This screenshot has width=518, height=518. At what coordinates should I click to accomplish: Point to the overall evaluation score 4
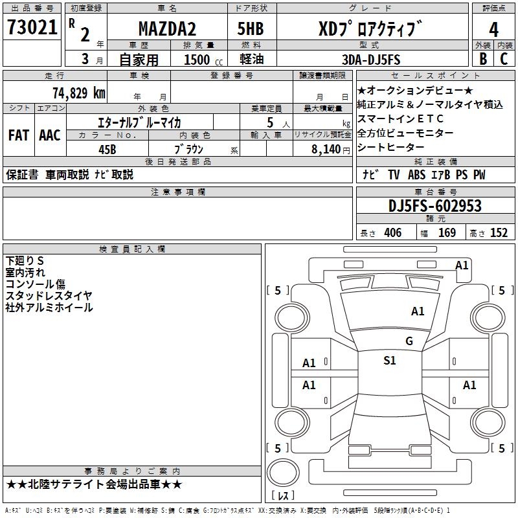coord(493,30)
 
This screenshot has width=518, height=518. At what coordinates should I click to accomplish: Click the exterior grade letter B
coord(482,59)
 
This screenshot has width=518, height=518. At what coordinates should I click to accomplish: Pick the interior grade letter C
coord(504,59)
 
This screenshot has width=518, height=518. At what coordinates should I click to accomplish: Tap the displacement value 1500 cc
coord(201,60)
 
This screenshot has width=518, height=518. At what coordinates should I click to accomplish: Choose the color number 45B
coord(107,148)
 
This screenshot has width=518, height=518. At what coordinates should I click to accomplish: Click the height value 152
coord(498,233)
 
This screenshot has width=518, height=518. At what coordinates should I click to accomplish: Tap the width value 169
coord(447,233)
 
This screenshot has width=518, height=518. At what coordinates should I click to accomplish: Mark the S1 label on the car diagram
coord(389,361)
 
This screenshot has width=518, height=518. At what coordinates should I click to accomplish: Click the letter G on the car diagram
coord(409,341)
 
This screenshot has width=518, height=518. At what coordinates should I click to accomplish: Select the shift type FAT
coord(19,135)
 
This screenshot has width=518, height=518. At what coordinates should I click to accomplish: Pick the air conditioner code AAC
coord(50,135)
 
